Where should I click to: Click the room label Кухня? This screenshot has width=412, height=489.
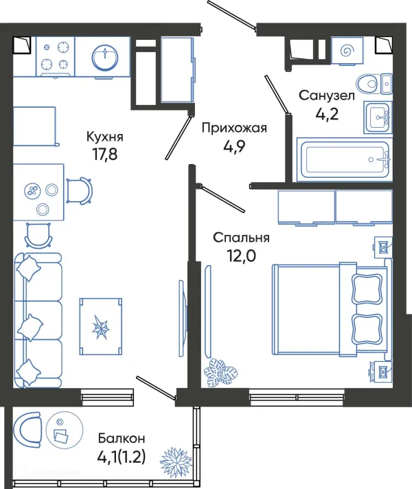click(105, 135)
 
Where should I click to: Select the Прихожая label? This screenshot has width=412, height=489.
click(233, 127)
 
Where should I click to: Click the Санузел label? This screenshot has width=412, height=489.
click(326, 95)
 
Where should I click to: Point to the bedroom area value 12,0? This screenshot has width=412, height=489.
click(240, 255)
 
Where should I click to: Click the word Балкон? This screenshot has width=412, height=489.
click(121, 437)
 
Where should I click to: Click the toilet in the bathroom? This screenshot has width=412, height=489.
click(375, 84)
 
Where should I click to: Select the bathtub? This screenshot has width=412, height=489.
click(343, 159)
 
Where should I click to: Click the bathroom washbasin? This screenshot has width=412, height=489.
click(377, 117)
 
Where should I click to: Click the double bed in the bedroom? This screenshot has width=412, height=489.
click(329, 309)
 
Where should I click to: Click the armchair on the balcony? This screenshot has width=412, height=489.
click(29, 429)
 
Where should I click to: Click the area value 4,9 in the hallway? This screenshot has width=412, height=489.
click(233, 146)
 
